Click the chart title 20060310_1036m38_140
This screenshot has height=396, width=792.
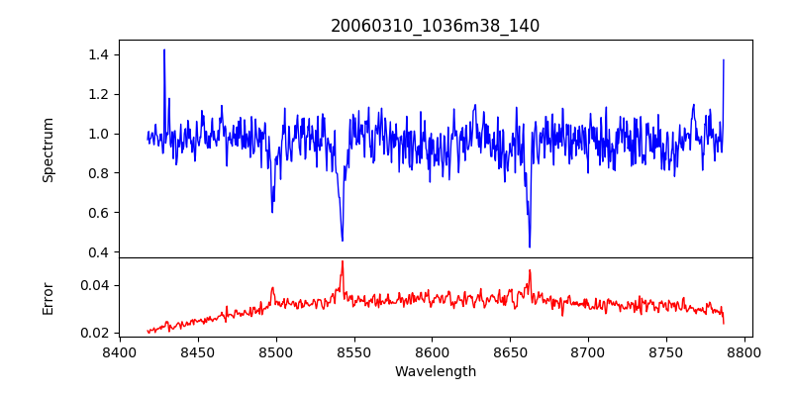tap(435, 26)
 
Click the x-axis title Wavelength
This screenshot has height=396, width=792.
tap(435, 371)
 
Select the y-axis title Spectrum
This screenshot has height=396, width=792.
tap(48, 149)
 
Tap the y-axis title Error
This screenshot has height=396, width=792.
tap(48, 298)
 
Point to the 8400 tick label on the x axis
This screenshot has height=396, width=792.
tap(120, 351)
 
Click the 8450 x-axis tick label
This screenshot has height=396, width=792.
tap(198, 351)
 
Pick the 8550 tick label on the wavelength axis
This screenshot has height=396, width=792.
tap(353, 351)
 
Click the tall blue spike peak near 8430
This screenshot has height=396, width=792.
tap(164, 49)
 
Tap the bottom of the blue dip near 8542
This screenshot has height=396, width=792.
tap(343, 241)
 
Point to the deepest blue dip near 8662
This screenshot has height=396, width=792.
tap(530, 247)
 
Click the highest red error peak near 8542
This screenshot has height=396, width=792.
tap(343, 261)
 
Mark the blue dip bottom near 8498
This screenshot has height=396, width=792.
tap(272, 212)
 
